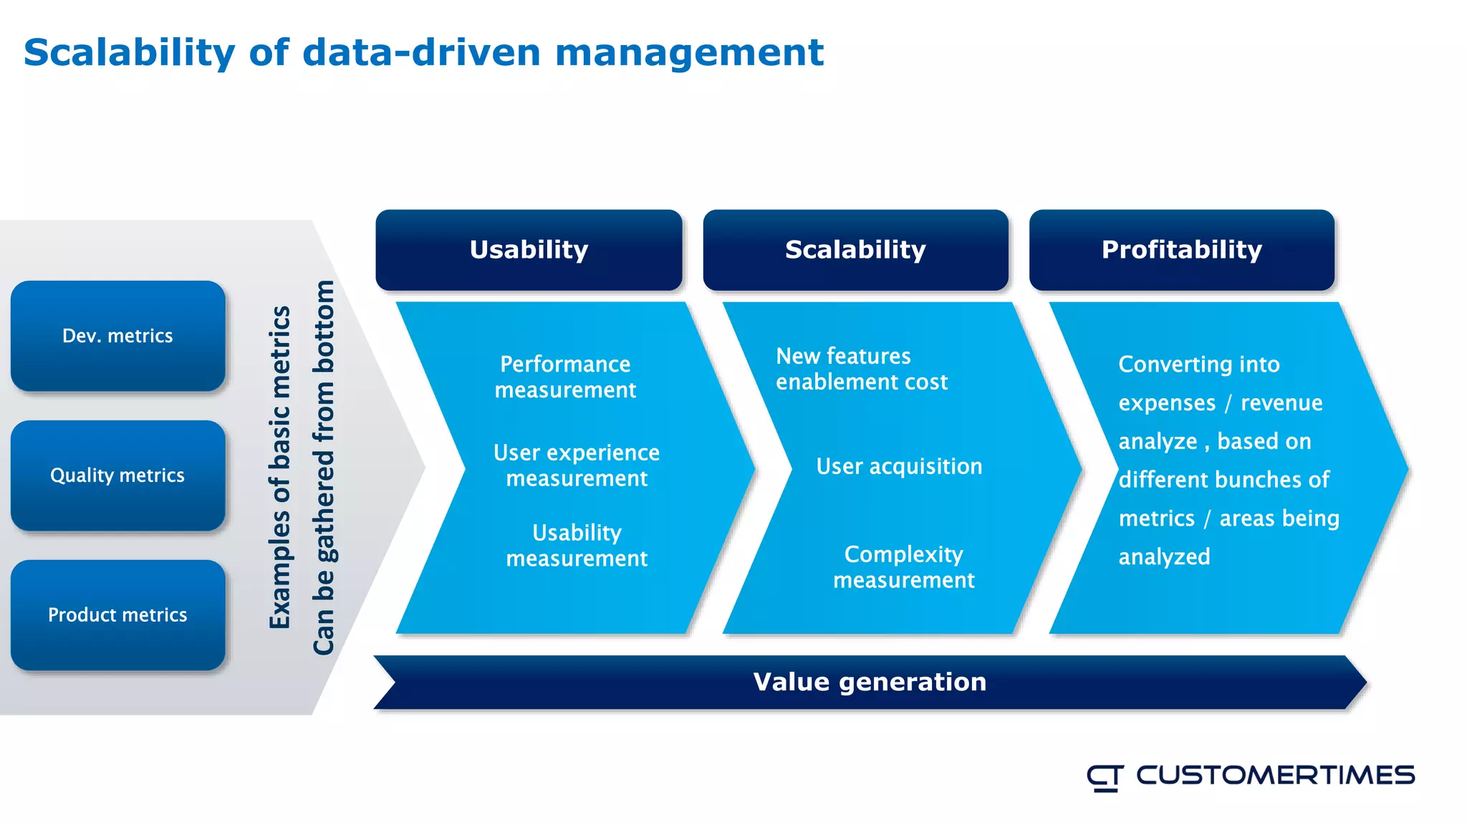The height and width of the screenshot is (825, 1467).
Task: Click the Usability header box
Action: click(x=529, y=250)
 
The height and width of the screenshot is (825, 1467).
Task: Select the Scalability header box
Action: click(x=855, y=250)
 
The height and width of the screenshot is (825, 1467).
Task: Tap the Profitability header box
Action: click(x=1181, y=250)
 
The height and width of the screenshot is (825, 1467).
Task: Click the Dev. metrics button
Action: click(x=117, y=336)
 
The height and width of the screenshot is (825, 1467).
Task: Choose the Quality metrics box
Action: click(x=117, y=476)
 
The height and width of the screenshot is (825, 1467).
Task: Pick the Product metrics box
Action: click(x=117, y=615)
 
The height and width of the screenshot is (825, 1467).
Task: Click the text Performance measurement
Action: click(x=565, y=377)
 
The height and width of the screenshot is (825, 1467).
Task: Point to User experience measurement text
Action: click(x=577, y=465)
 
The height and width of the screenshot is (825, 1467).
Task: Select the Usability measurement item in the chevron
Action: click(x=577, y=545)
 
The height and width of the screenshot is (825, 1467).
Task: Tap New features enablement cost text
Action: click(x=861, y=369)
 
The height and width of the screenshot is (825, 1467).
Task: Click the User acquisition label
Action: click(x=899, y=466)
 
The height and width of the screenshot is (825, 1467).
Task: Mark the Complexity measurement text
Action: click(x=903, y=566)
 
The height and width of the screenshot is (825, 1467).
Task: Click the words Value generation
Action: click(x=870, y=682)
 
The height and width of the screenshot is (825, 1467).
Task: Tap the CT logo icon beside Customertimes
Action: click(x=1105, y=777)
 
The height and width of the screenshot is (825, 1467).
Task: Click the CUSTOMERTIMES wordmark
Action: click(x=1275, y=776)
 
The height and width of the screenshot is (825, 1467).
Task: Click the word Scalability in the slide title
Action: click(x=129, y=53)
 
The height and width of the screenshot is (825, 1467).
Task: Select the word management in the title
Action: click(x=689, y=53)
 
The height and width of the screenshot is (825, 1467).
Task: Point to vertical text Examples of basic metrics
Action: click(x=280, y=467)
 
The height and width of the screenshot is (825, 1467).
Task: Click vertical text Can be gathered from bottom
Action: click(x=324, y=467)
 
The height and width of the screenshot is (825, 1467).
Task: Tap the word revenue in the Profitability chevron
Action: click(x=1281, y=403)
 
